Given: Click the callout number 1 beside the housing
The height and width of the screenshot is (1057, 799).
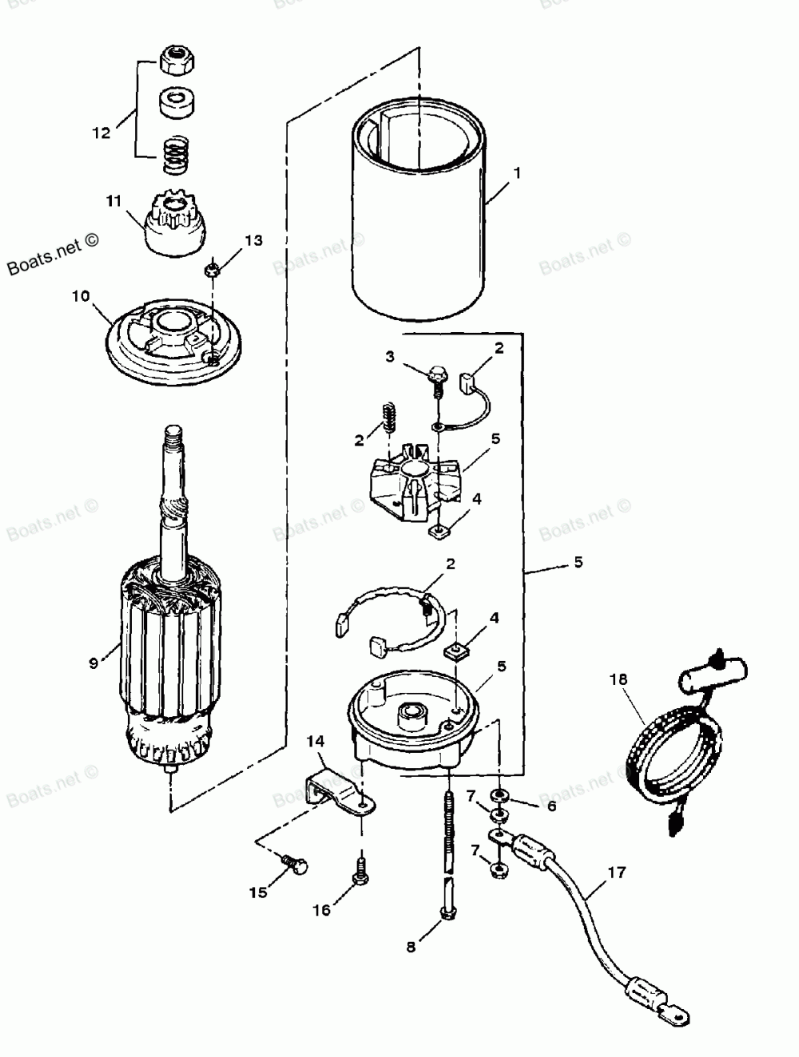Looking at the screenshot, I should pyautogui.click(x=517, y=173).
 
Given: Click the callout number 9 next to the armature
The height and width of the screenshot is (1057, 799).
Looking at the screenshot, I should pyautogui.click(x=93, y=662).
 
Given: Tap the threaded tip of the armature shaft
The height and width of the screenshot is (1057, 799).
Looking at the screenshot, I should pyautogui.click(x=174, y=438).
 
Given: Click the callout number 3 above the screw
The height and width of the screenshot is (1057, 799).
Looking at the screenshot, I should pyautogui.click(x=390, y=357).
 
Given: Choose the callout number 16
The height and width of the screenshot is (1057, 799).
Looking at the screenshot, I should pyautogui.click(x=320, y=910).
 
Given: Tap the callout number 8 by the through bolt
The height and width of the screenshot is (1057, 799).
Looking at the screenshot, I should pyautogui.click(x=411, y=948).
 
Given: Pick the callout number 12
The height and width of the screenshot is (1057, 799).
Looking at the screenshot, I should pyautogui.click(x=101, y=133).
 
